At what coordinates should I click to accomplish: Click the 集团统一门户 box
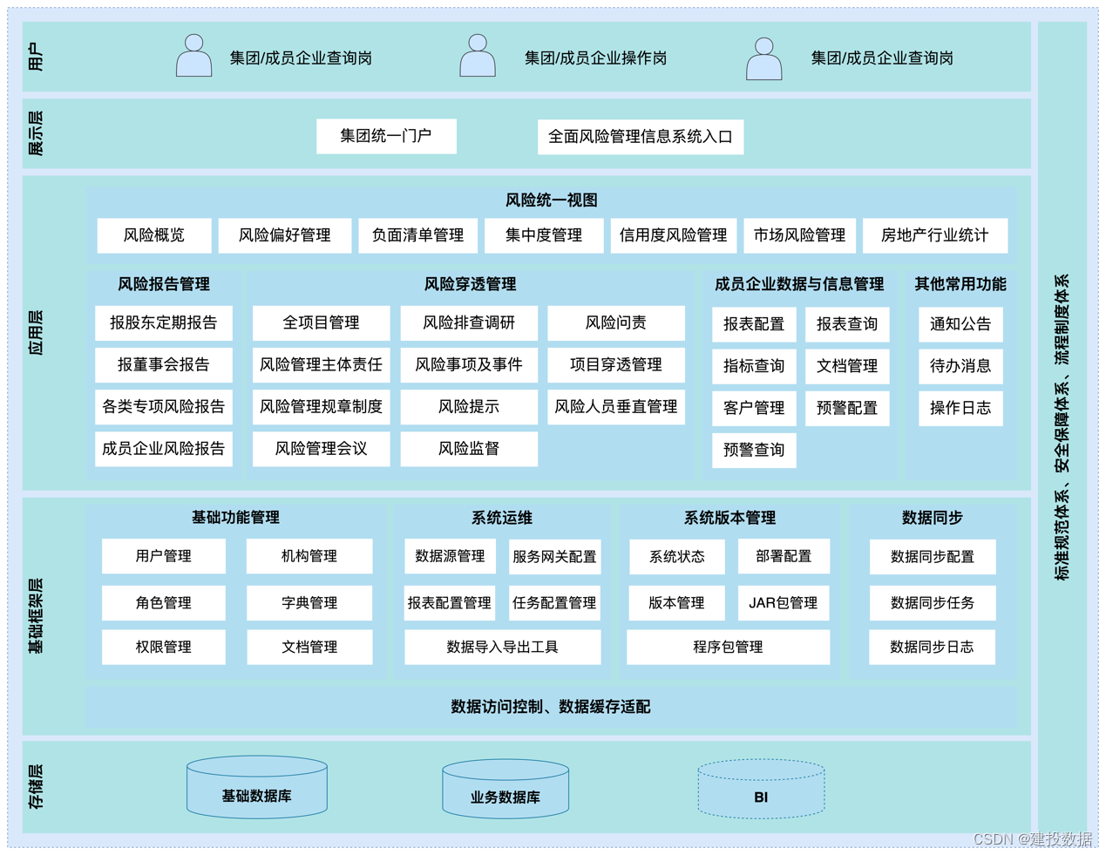pos(386,136)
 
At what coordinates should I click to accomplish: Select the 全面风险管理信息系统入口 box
pos(640,137)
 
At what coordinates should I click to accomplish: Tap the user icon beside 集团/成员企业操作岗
pos(478,57)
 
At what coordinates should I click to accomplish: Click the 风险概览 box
pos(154,235)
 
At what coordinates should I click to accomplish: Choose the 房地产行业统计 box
pos(934,235)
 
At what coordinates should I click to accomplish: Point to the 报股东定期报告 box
pos(163,323)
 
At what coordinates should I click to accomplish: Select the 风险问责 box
pos(615,323)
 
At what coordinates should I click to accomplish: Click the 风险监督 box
pos(468,449)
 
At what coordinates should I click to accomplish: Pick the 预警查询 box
pos(754,450)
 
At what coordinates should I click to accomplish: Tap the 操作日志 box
pos(960,408)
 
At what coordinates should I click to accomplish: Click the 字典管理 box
pos(309,602)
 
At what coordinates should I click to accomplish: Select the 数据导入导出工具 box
pos(502,647)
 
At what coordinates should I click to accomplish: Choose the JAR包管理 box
pos(783,602)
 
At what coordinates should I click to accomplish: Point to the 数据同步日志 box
pos(932,647)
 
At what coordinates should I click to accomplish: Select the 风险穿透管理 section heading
pos(470,284)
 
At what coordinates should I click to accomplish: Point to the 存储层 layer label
pos(36,787)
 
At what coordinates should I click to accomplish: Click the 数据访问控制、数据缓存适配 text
pos(551,707)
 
